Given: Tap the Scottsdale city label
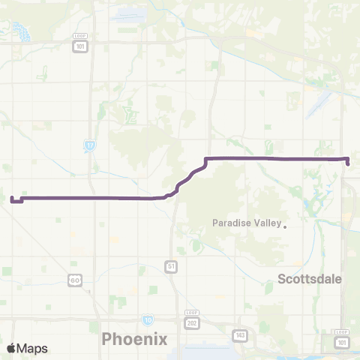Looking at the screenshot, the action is coord(310,278).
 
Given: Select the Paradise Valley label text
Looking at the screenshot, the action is coord(246,223).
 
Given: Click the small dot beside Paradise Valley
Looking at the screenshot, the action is coord(285,223).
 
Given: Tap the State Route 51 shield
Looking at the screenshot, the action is coord(171,266).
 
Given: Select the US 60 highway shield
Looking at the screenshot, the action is coord(74,280).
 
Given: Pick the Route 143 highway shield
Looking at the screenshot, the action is coord(239,334).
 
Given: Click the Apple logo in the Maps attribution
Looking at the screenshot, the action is coord(12,348).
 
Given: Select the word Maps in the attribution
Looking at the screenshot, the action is coord(33,348).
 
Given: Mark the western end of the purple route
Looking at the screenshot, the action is coord(12,199).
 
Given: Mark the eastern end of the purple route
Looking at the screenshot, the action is coord(348,163).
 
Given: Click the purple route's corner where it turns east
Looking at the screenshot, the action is coord(206,158).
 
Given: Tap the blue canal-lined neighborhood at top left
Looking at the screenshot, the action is coord(22,31).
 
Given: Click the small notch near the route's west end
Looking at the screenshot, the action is coord(22,200).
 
